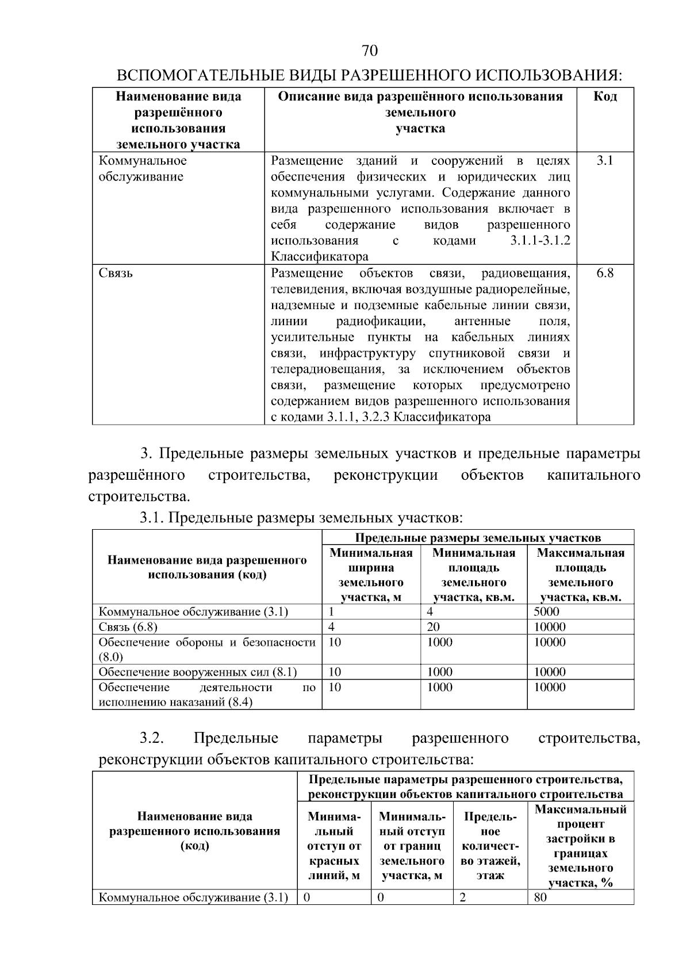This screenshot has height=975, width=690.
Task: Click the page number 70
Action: click(370, 51)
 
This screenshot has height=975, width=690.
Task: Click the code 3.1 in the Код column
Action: click(604, 161)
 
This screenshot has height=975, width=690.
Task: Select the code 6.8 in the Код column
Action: click(604, 273)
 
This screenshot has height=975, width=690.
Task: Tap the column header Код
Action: click(605, 97)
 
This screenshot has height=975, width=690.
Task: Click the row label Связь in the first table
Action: click(116, 273)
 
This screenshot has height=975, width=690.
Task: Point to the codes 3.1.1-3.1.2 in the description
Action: click(540, 241)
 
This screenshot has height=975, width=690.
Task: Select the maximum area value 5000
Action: click(546, 612)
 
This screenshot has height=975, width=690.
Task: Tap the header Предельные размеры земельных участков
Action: click(477, 538)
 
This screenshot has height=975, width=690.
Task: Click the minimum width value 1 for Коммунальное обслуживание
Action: click(332, 612)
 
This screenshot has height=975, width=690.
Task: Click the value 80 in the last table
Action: click(540, 897)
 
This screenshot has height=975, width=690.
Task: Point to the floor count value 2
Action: click(462, 897)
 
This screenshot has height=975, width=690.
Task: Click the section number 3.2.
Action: click(152, 738)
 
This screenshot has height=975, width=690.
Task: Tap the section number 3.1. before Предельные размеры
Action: click(152, 518)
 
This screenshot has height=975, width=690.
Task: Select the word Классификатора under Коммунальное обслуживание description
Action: click(319, 257)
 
